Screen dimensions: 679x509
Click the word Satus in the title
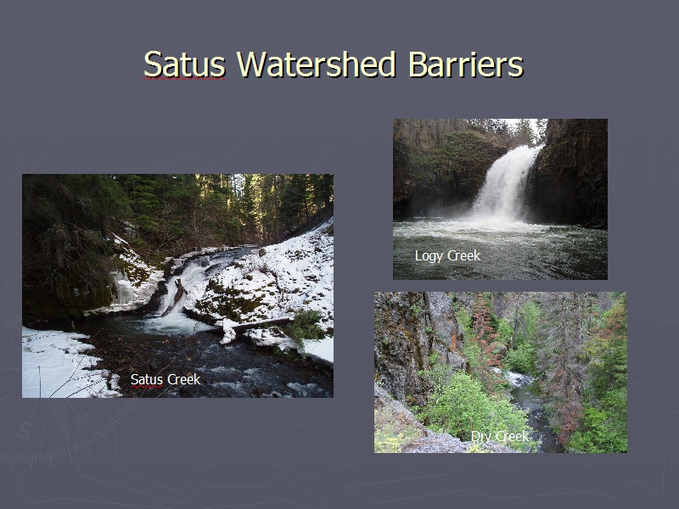(184, 64)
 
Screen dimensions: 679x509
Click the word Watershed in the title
(316, 64)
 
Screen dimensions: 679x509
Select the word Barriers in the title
(465, 64)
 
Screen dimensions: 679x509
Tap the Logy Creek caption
(448, 256)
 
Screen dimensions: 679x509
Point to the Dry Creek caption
(500, 436)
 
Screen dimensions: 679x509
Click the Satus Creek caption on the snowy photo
(166, 379)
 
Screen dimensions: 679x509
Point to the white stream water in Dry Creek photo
(518, 379)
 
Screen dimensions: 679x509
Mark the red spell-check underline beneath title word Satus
(184, 78)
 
